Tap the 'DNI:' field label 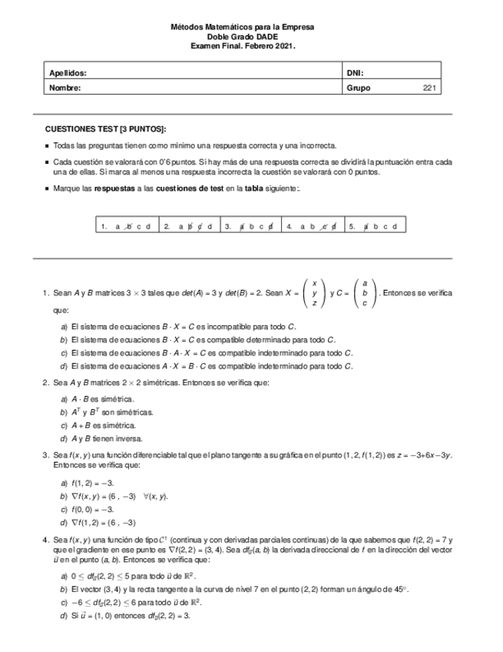click(x=355, y=74)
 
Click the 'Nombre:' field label click(x=65, y=88)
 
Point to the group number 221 click(x=429, y=88)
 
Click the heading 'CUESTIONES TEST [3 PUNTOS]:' click(x=105, y=129)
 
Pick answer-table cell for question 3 click(x=250, y=226)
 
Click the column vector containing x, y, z click(x=313, y=294)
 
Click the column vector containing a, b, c click(x=365, y=294)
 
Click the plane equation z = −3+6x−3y click(x=422, y=455)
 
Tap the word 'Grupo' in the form click(x=359, y=88)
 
